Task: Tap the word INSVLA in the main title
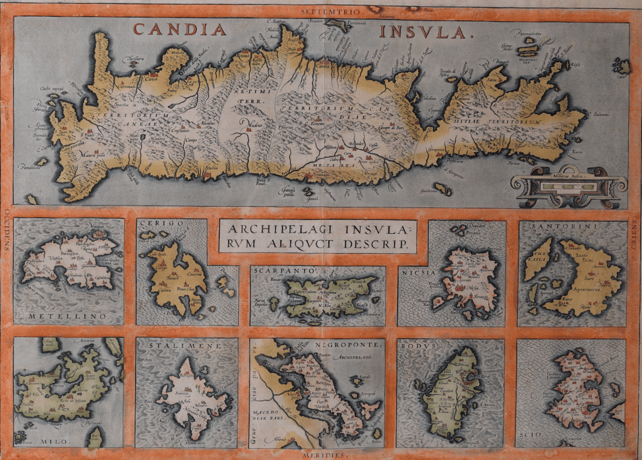(x=424, y=31)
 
